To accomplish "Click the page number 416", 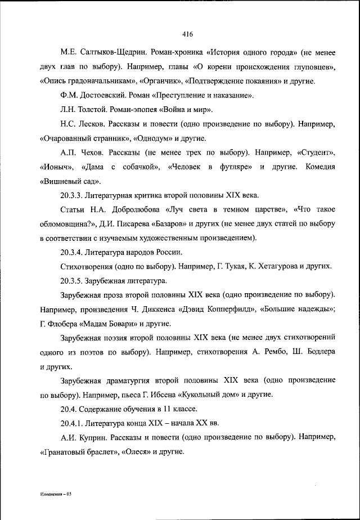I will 188,34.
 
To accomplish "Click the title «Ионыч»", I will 58,167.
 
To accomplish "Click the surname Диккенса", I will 155,309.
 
